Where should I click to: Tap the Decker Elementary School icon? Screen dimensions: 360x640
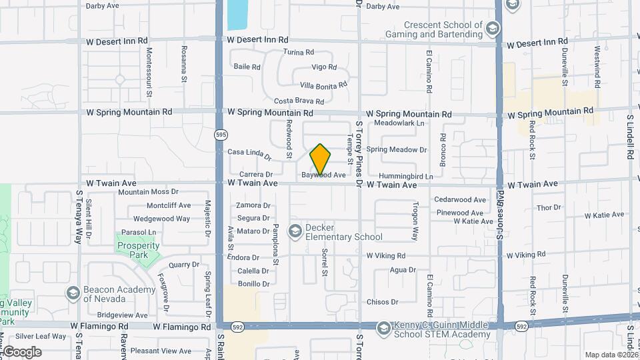coord(295,231)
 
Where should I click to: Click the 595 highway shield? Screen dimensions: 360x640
coord(221,135)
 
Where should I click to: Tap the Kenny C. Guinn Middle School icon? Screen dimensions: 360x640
coord(383,328)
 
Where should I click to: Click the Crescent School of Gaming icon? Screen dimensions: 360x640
coord(492,29)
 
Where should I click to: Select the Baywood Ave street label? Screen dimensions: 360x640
coord(323,175)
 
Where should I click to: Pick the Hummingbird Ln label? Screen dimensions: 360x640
coord(400,176)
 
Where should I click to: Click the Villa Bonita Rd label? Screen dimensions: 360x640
coord(324,85)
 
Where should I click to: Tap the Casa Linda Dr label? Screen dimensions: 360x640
coord(249,155)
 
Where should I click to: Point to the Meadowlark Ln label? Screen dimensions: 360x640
coord(399,123)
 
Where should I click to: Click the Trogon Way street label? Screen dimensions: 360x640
coord(414,223)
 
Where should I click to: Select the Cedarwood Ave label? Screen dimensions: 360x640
coord(460,199)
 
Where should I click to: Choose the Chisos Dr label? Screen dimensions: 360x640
coord(383,302)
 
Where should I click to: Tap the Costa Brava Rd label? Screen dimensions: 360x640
coord(299,101)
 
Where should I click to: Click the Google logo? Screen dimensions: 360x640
coord(21,351)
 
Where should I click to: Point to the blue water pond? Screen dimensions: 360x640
coord(237,14)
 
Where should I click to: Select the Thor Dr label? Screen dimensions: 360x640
coord(549,208)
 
